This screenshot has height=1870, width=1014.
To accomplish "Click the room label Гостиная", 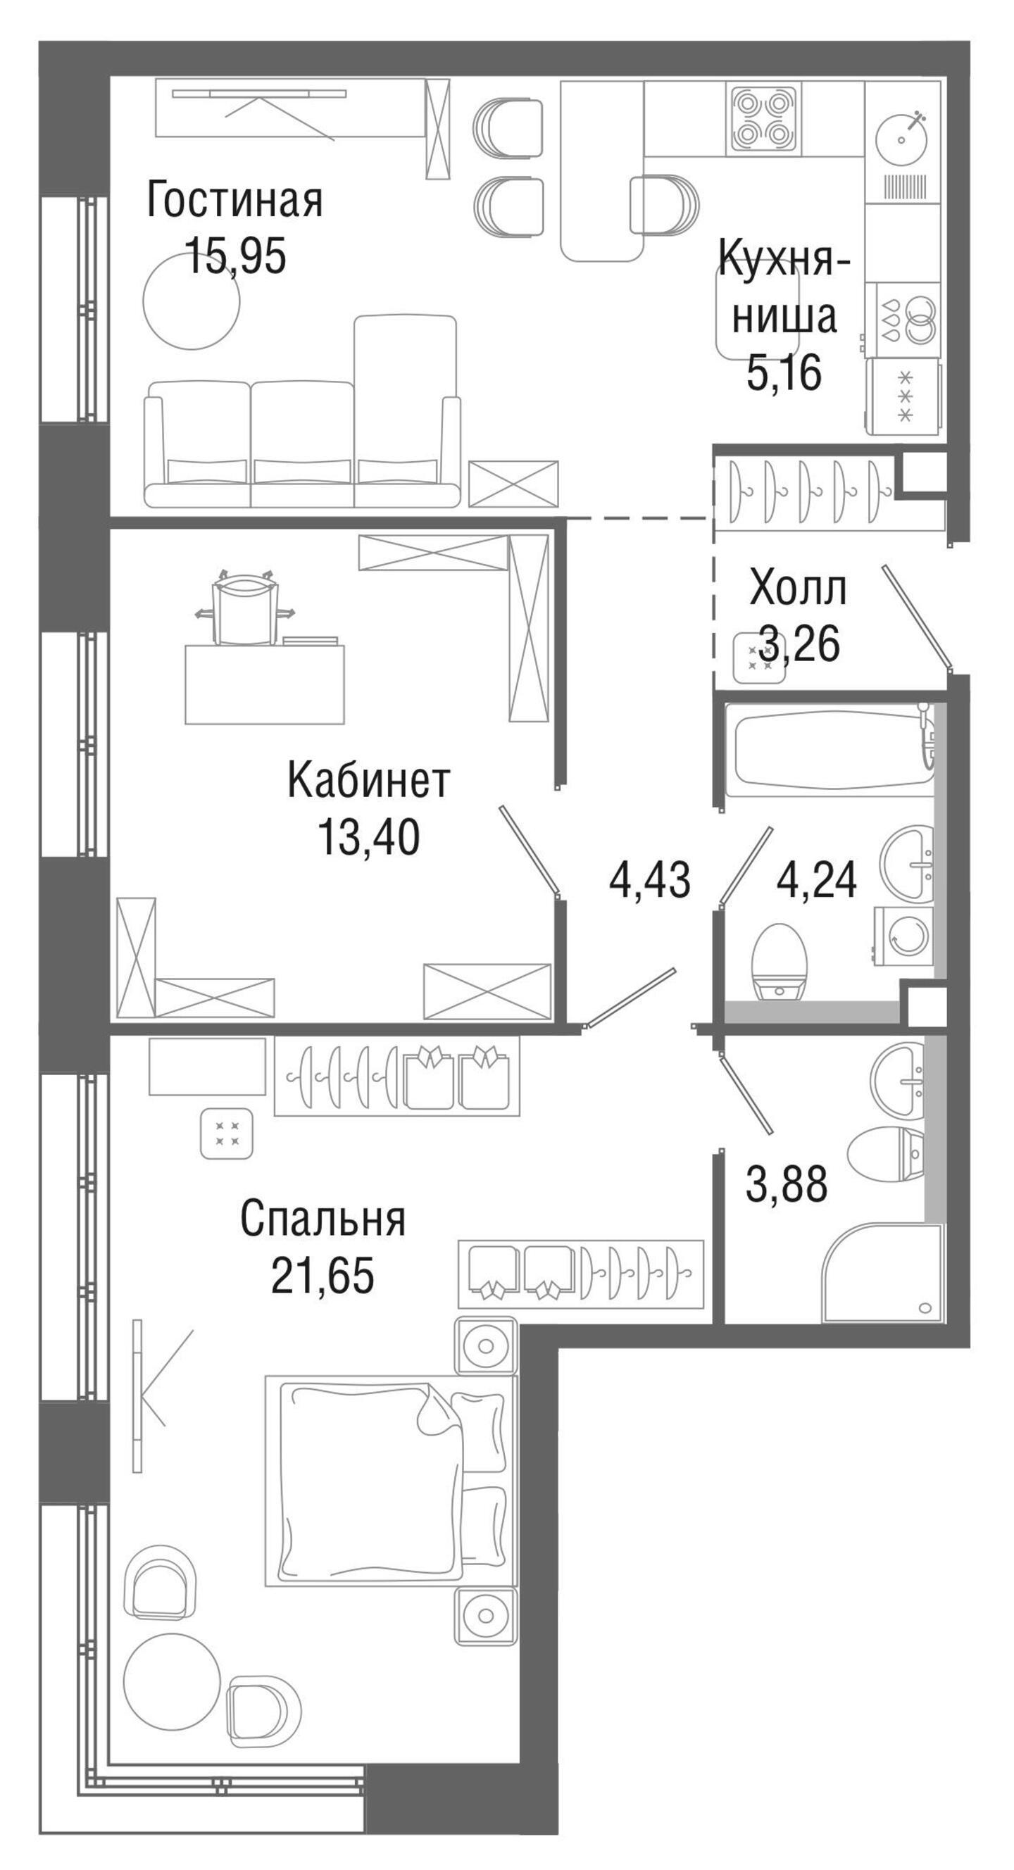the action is click(234, 201).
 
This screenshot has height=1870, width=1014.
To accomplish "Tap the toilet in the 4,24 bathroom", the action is click(780, 961).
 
